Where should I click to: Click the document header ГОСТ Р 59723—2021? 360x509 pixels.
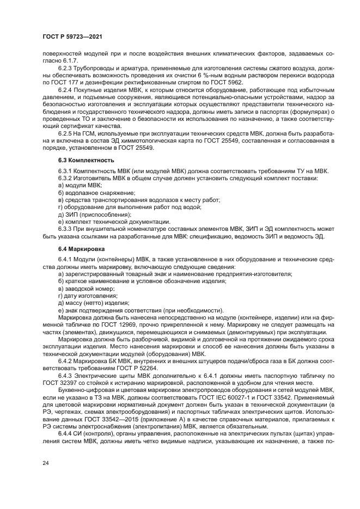point(72,36)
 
